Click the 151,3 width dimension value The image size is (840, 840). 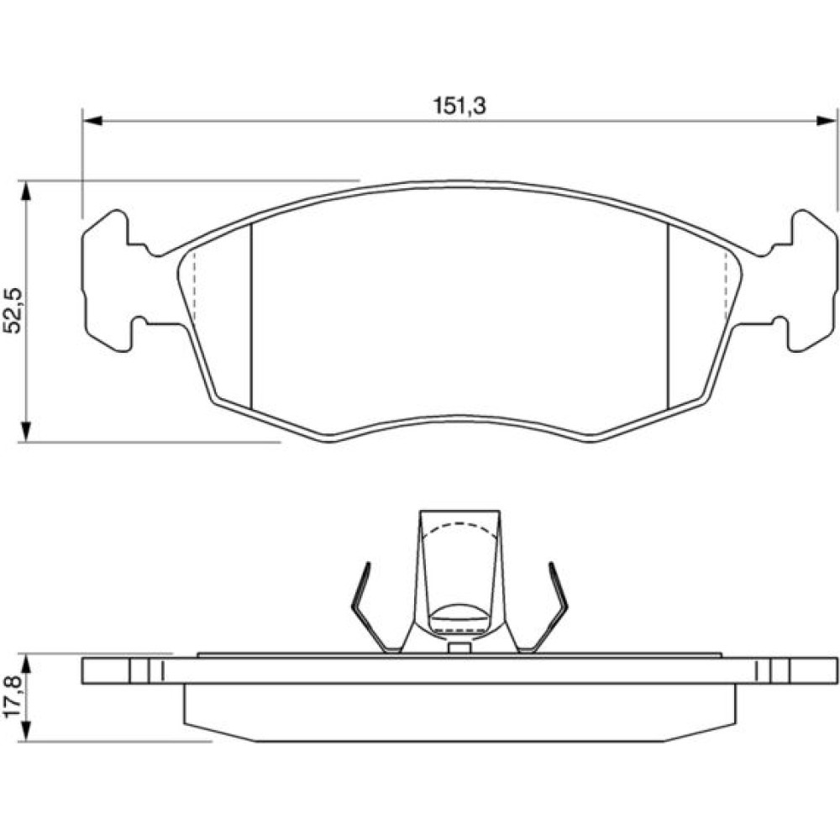[x=459, y=106]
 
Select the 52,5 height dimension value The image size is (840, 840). [x=13, y=312]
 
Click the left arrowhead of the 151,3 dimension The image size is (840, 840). [x=93, y=120]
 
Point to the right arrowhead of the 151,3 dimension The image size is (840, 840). [x=825, y=120]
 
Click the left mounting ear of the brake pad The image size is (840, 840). [x=108, y=281]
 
